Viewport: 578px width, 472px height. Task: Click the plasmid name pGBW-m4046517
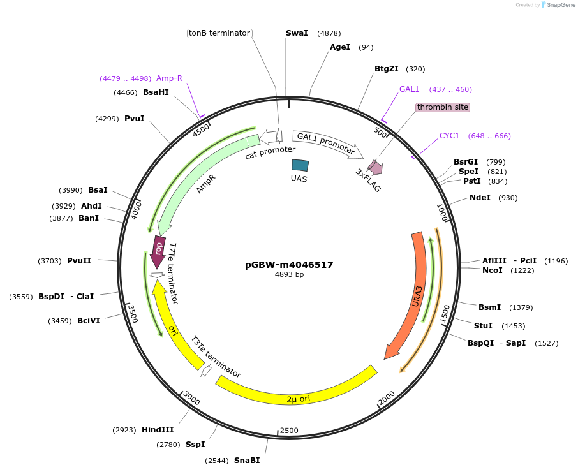[x=289, y=265]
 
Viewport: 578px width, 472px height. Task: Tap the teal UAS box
[x=300, y=165]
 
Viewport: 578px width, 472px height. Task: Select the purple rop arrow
[x=158, y=251]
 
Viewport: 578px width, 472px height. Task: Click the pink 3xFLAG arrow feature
[x=374, y=167]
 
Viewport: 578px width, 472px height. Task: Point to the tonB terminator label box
[x=219, y=33]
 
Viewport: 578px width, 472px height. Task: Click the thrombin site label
[x=443, y=107]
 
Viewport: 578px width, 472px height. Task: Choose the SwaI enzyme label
[x=297, y=33]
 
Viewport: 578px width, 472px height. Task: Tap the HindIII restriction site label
[x=158, y=430]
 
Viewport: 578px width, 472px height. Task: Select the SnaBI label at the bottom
[x=247, y=460]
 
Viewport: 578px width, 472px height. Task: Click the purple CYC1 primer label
[x=449, y=136]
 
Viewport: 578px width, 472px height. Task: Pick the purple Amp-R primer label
[x=169, y=78]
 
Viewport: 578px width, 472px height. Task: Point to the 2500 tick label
[x=289, y=431]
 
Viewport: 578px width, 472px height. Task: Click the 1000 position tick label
[x=443, y=213]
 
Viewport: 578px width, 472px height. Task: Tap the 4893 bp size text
[x=289, y=275]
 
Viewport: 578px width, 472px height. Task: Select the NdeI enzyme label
[x=480, y=198]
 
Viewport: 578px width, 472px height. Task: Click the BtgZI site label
[x=387, y=69]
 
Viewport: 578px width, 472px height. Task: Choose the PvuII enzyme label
[x=79, y=260]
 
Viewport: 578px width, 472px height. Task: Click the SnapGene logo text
[x=556, y=5]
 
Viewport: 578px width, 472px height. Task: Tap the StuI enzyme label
[x=483, y=326]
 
